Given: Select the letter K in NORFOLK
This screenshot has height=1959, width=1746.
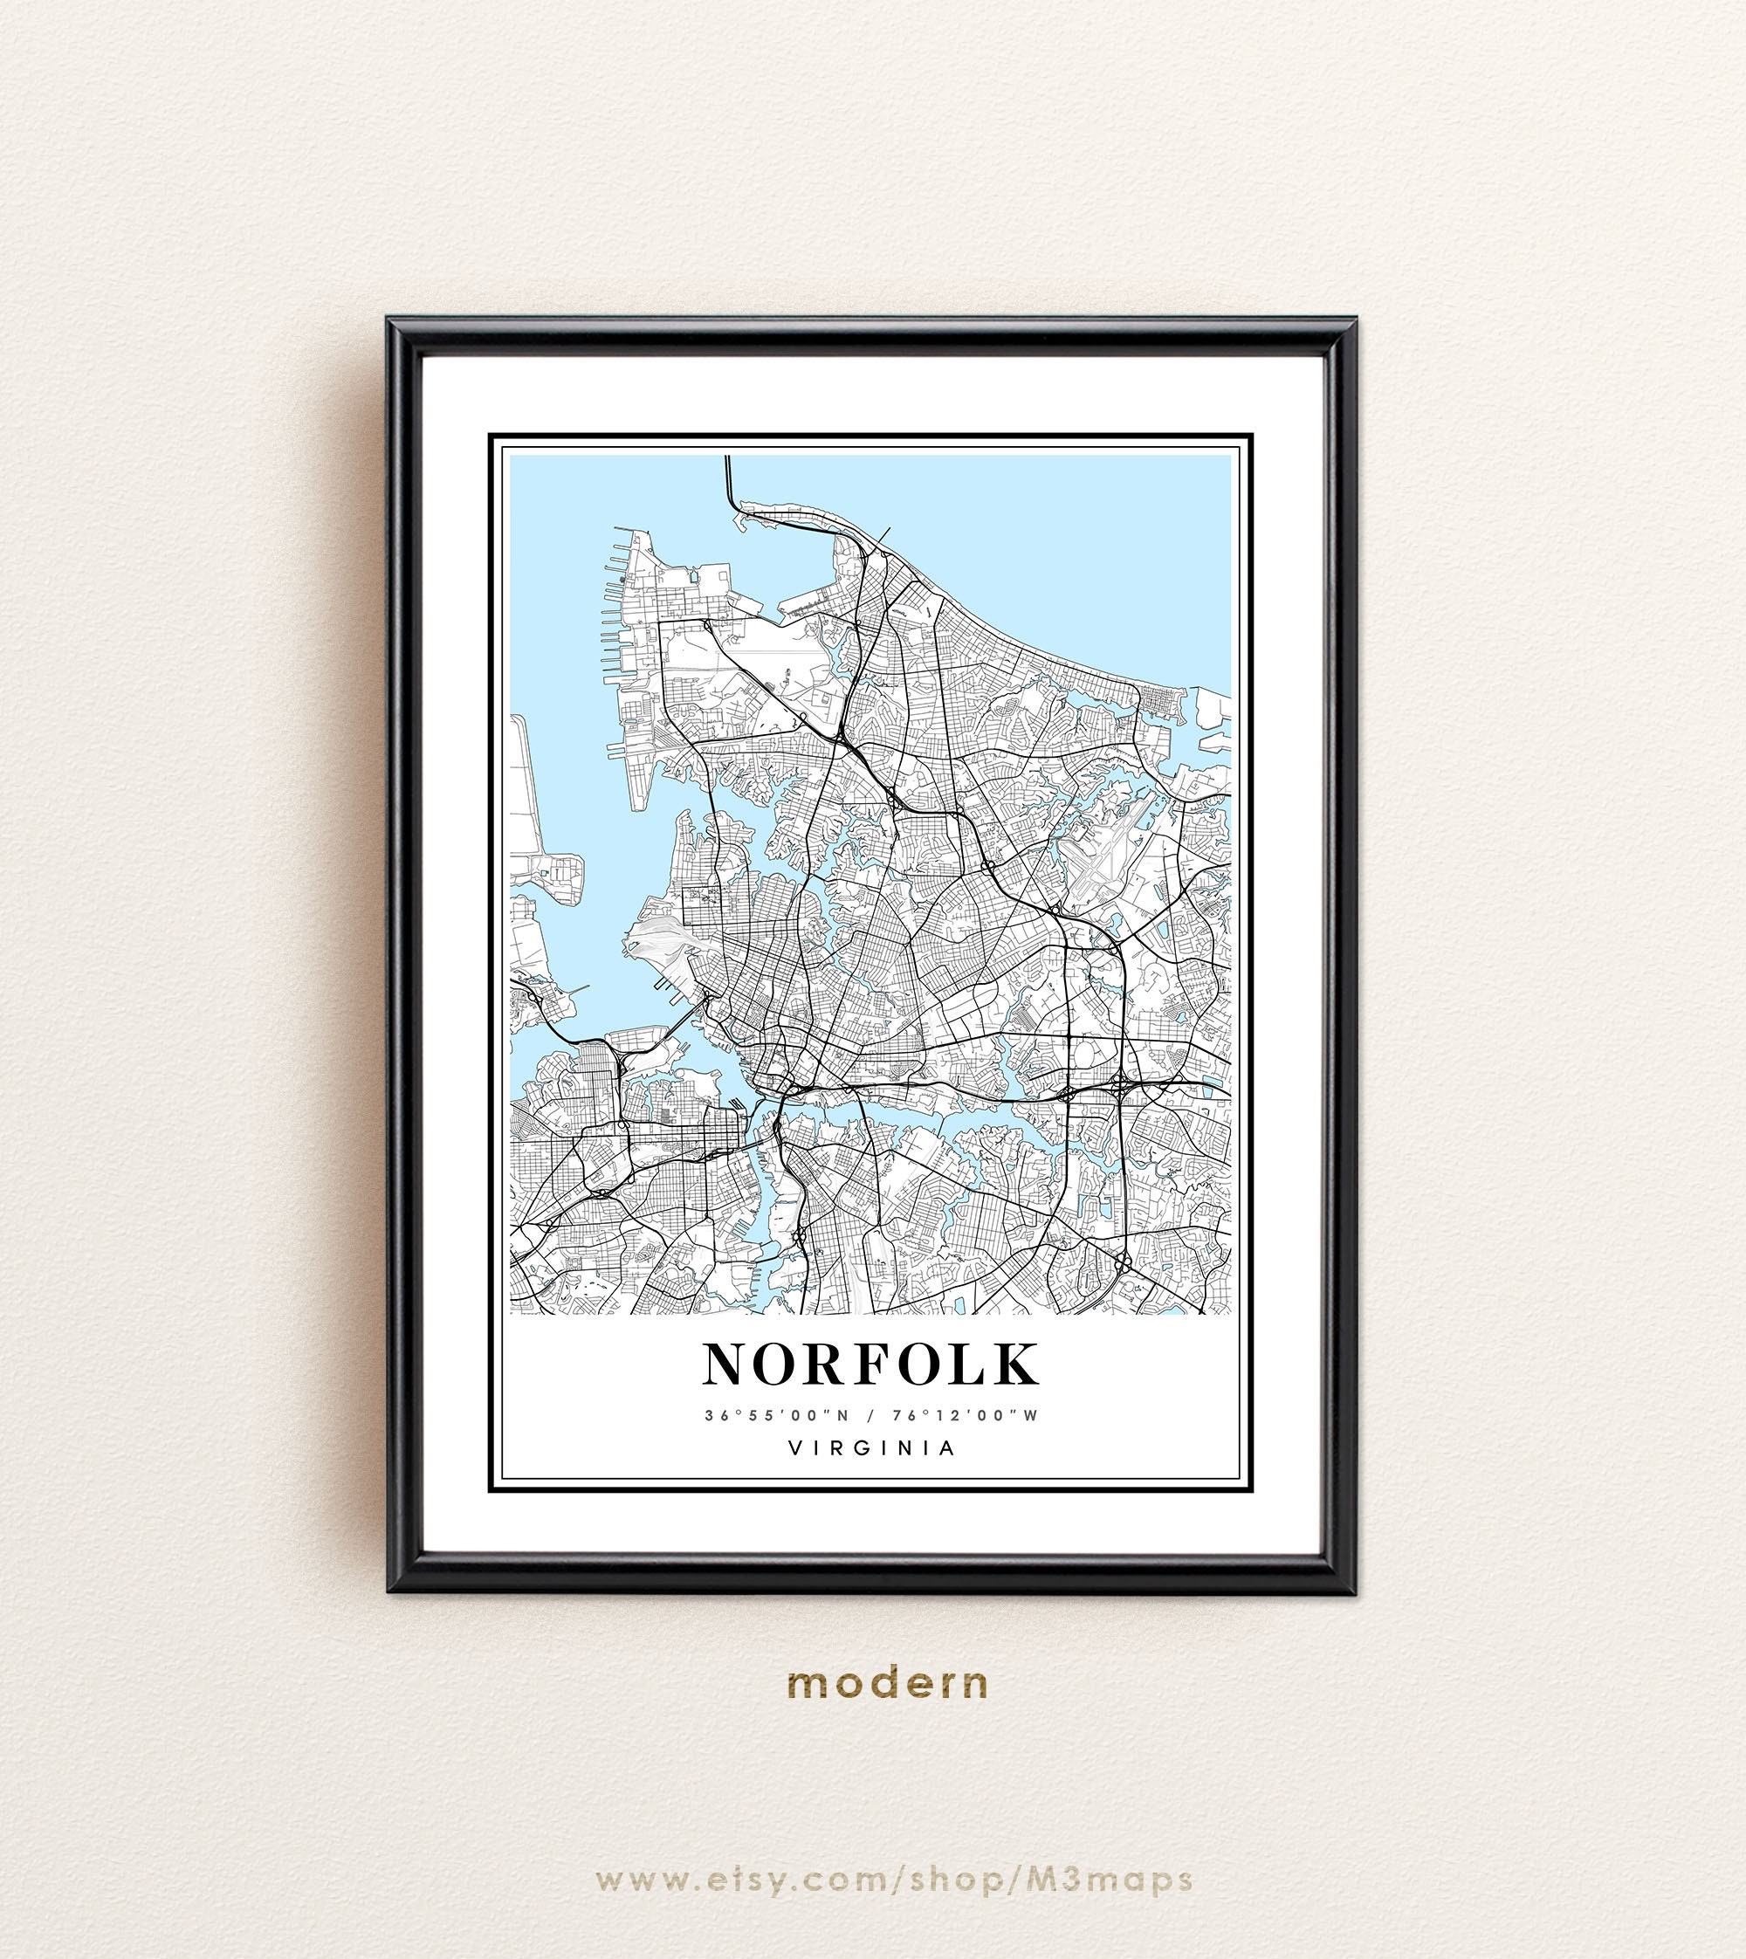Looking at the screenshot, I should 1014,1364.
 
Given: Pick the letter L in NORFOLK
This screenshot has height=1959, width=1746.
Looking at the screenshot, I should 968,1364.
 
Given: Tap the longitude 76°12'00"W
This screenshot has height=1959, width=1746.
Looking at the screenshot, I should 965,1415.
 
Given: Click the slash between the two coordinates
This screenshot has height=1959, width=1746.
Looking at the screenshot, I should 870,1415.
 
